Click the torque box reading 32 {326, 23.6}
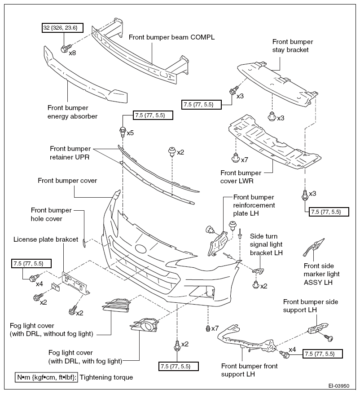(x=62, y=28)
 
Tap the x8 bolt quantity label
(x=72, y=53)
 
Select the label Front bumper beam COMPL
(x=172, y=37)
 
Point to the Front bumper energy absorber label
(x=72, y=112)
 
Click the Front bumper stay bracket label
(x=293, y=46)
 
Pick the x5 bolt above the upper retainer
(x=122, y=132)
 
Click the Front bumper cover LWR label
(x=241, y=177)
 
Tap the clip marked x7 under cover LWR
(x=236, y=158)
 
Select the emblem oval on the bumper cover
(x=140, y=249)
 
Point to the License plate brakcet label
(x=46, y=239)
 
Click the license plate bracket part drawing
(x=75, y=283)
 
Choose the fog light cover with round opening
(x=145, y=326)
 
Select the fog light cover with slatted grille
(x=116, y=305)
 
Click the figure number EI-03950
(x=338, y=386)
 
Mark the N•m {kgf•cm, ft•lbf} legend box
(x=46, y=377)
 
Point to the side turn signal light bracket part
(x=258, y=271)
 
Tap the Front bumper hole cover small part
(x=84, y=243)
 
